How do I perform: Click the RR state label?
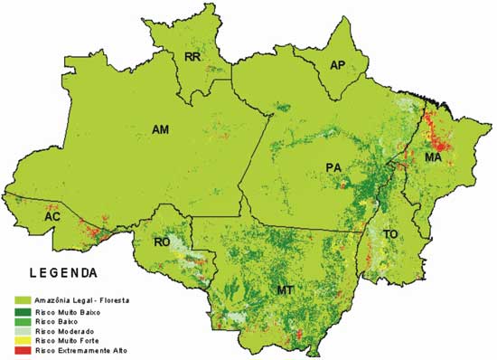pos(192,56)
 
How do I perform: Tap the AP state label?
pos(337,65)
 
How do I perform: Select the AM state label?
pos(160,130)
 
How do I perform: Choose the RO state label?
pos(163,242)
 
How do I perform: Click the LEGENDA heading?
pos(63,271)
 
